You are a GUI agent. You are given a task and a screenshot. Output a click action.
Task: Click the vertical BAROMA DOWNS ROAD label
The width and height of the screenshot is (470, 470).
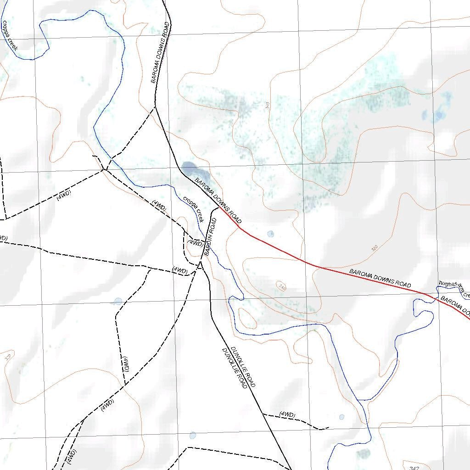pos(161,52)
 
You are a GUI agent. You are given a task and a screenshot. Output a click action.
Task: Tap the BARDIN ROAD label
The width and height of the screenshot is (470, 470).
pos(210,237)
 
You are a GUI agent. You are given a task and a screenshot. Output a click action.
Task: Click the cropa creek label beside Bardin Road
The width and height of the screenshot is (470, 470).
pos(193,209)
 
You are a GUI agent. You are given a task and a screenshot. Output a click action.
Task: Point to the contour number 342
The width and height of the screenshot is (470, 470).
pos(413,468)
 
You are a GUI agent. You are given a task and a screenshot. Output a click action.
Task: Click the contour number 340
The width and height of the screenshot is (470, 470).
pos(281,287)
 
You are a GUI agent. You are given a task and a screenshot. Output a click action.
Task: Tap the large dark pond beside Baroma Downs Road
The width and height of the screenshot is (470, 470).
pos(189,168)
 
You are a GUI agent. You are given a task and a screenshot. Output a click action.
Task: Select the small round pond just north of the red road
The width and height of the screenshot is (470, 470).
pos(270,234)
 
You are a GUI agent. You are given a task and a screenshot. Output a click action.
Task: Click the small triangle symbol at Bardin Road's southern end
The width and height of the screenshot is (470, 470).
pos(200,265)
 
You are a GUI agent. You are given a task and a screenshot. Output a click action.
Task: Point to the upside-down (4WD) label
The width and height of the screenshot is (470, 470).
pos(126,363)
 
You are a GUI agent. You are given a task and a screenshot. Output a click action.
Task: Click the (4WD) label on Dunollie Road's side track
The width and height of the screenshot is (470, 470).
pos(287,415)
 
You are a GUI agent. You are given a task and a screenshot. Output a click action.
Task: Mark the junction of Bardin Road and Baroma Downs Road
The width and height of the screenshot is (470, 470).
pos(217,208)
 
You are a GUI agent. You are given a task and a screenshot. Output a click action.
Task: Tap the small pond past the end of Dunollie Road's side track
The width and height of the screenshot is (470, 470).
pos(341,417)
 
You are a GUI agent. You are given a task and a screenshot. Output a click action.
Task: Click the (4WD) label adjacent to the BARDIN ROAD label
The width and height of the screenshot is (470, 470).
pos(196,244)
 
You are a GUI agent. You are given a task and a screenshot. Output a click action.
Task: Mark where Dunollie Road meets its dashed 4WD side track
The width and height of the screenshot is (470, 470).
pos(263,414)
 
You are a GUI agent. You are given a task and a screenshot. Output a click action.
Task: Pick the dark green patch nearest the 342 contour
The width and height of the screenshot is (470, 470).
pos(364,453)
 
